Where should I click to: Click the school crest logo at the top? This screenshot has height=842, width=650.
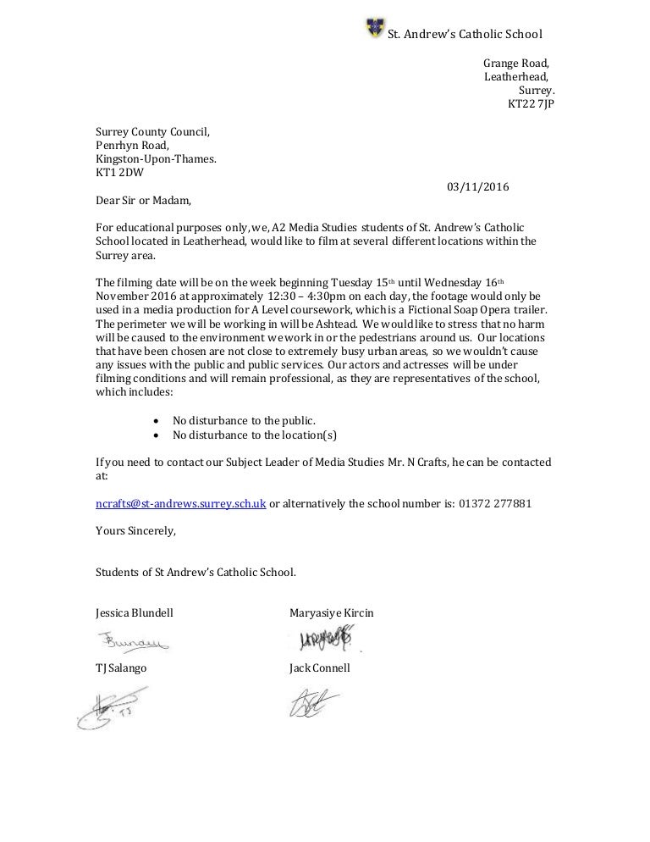(373, 28)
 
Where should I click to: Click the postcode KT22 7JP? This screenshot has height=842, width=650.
(531, 104)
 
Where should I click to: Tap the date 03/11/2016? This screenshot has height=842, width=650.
(477, 187)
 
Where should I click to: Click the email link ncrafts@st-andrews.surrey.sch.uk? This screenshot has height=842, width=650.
(181, 502)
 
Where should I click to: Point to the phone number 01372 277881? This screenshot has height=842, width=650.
(495, 502)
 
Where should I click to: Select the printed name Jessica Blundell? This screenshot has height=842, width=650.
(135, 612)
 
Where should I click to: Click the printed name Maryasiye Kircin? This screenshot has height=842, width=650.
(331, 612)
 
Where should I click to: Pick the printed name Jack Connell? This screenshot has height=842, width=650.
(319, 668)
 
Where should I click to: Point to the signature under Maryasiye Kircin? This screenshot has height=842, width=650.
(322, 638)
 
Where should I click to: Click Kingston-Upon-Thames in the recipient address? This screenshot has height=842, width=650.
(156, 159)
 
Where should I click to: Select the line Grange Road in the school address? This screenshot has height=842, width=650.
(515, 63)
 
